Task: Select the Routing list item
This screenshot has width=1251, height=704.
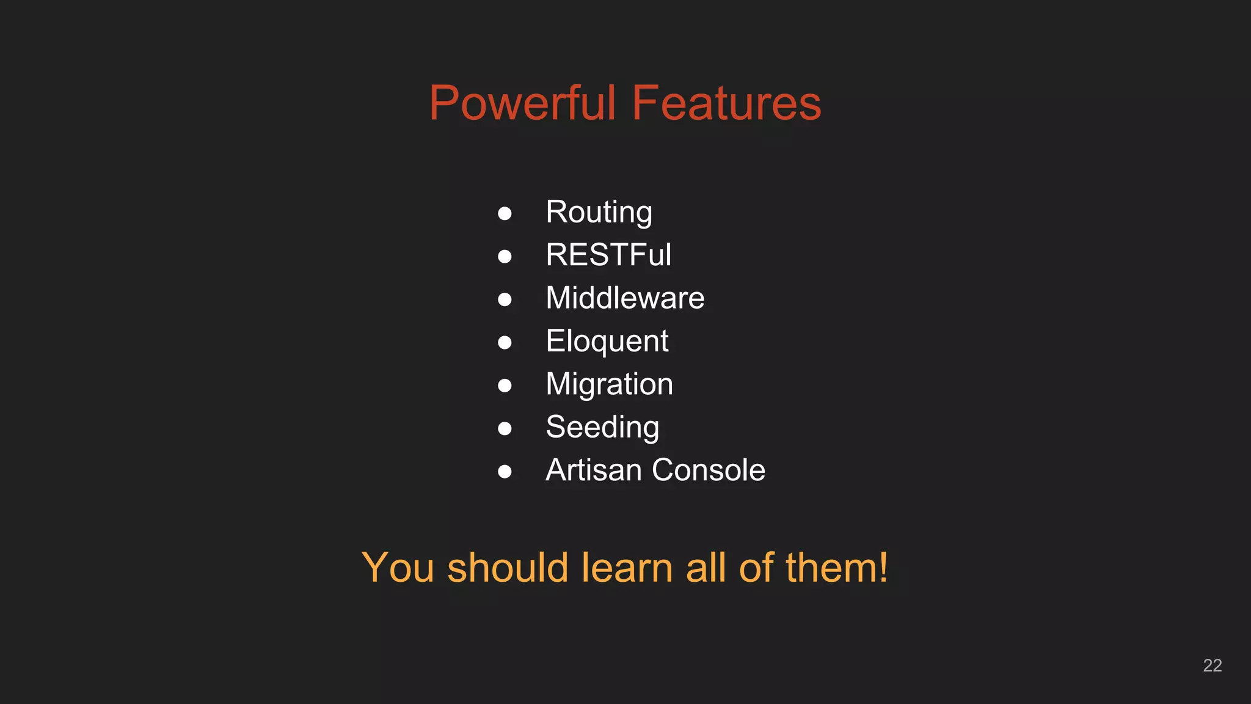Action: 599,213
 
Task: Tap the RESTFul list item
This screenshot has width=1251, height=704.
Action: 608,255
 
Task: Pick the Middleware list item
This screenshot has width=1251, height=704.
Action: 625,298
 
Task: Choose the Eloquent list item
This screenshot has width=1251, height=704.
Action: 607,341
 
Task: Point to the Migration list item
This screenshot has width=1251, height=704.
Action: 609,384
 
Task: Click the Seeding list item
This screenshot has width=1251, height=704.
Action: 602,427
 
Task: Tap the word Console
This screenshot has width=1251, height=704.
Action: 709,470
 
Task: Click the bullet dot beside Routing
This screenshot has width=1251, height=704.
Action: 505,213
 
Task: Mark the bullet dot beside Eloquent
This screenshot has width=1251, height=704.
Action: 505,342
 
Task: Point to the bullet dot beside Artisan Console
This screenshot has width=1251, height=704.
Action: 505,471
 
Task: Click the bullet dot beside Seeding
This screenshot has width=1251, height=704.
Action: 505,428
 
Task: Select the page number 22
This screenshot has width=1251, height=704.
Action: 1212,665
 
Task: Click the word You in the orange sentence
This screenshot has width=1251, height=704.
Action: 398,568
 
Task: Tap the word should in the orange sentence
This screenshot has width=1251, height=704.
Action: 508,568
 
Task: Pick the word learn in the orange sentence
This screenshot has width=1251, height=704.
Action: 627,568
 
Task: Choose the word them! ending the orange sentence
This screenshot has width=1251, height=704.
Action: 836,568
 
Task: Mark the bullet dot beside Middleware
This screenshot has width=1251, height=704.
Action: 505,299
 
